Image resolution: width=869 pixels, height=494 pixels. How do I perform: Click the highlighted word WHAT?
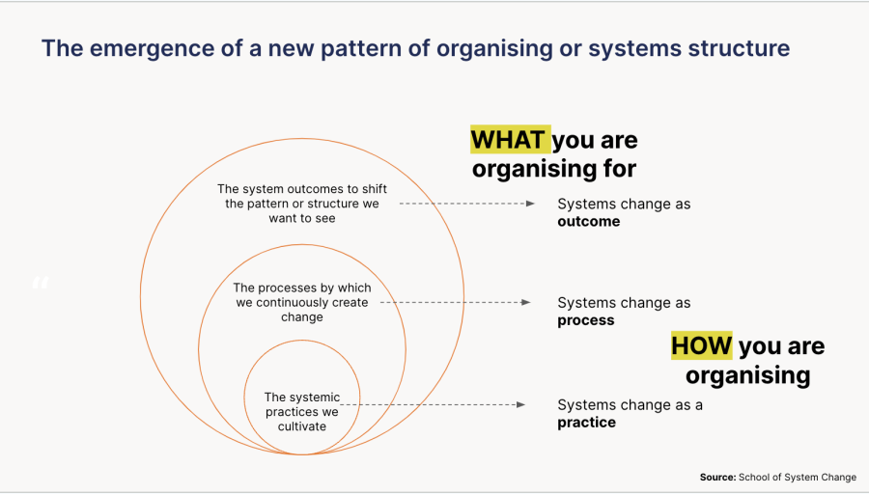coord(509,140)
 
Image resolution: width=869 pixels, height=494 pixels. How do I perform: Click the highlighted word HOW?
coord(702,345)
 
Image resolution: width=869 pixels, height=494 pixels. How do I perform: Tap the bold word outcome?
coord(588,222)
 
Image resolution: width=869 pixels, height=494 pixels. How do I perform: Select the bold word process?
coord(585,320)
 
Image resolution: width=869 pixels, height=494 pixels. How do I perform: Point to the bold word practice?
coord(586,423)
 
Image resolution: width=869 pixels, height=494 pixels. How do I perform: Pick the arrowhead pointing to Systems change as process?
coord(525,302)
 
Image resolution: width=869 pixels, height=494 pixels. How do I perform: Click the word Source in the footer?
coord(716,478)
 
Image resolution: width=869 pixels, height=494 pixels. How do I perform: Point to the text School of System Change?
coord(797,478)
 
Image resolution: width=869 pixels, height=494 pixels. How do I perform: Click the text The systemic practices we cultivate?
coord(301,411)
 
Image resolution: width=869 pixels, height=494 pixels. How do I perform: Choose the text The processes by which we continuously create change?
coord(301,302)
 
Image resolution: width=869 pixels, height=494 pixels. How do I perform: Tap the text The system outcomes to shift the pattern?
coord(301,204)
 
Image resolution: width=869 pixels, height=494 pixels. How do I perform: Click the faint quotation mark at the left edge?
coord(40,283)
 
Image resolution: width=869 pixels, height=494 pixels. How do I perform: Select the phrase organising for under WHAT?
coord(553,169)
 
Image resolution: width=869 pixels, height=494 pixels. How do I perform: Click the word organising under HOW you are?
coord(747,374)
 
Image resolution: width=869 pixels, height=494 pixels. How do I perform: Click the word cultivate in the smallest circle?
coord(301,425)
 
